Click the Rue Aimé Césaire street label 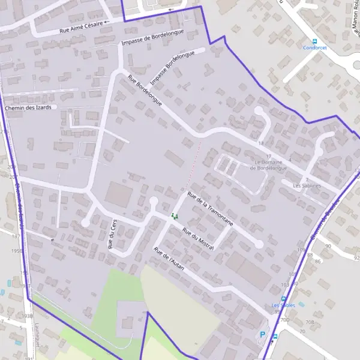tap(83, 28)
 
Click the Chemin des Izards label tap(28, 107)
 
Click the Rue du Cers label tap(111, 233)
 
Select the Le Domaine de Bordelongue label tap(271, 165)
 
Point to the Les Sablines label tap(307, 186)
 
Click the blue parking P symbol tap(262, 335)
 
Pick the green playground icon tap(175, 215)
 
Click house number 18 tap(261, 144)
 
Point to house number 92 tap(356, 258)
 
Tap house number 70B tap(310, 322)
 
